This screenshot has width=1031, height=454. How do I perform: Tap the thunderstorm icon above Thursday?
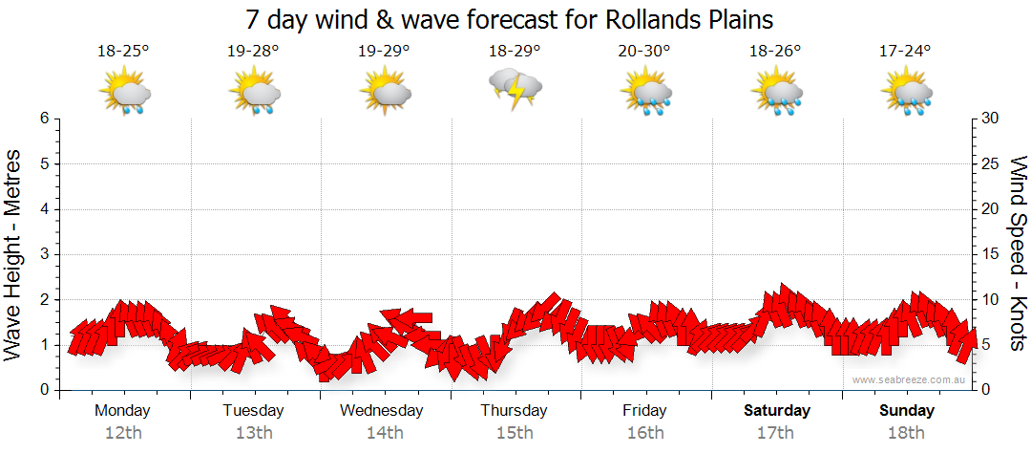(x=515, y=90)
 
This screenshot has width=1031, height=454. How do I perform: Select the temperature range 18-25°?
(x=123, y=52)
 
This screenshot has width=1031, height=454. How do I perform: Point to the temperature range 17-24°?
(x=904, y=52)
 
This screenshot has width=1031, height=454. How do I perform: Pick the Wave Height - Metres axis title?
(x=14, y=254)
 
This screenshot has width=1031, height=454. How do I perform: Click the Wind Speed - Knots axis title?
(x=1017, y=254)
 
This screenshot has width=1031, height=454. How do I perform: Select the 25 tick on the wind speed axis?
(x=992, y=163)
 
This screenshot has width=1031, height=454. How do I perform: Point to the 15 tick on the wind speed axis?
(x=992, y=254)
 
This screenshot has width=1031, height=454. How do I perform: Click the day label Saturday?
(x=776, y=411)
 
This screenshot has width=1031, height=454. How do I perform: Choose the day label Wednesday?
(x=382, y=411)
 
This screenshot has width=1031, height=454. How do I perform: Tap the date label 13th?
(x=253, y=432)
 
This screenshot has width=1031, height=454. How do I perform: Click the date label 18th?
(x=907, y=432)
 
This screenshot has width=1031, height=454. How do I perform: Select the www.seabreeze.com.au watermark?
(x=910, y=379)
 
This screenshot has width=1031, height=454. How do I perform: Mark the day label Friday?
(x=645, y=411)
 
